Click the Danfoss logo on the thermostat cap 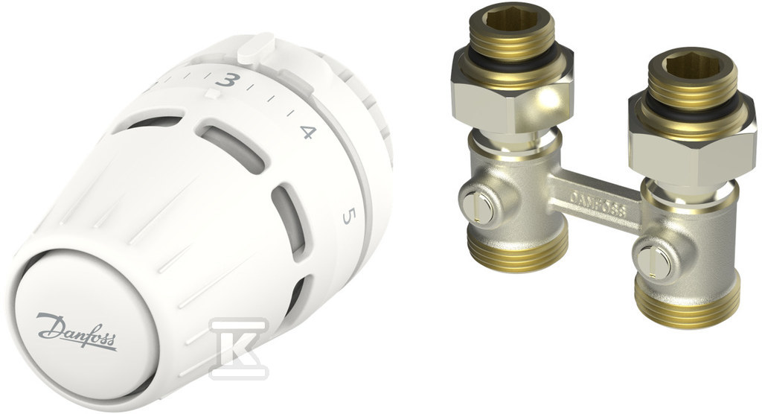coord(77,332)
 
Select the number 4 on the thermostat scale coord(308,132)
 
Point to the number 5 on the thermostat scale coord(348,216)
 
